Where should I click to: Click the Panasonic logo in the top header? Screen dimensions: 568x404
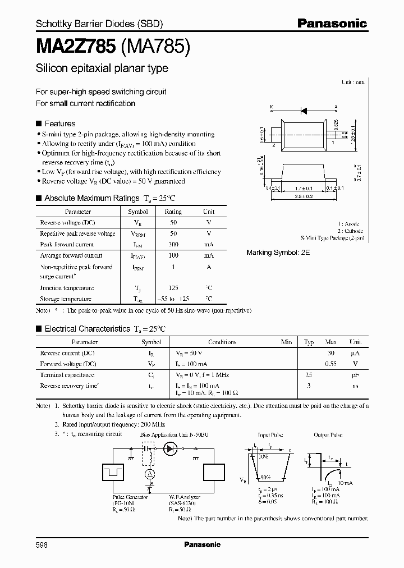[332, 24]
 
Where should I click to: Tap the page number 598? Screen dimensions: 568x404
[43, 544]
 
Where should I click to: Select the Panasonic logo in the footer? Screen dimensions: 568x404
[203, 544]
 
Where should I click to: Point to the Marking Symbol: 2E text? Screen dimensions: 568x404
[278, 253]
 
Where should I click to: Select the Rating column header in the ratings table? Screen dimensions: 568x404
[173, 212]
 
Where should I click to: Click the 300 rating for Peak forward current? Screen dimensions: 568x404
[173, 245]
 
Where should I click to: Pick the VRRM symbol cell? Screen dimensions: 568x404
[138, 233]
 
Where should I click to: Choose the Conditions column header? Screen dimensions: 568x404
[222, 342]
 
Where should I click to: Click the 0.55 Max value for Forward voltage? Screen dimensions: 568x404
[331, 364]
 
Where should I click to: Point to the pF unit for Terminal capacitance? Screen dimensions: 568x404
[356, 375]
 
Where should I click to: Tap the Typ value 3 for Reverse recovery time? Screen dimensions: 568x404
[309, 386]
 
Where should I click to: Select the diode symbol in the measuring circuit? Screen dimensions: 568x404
[170, 449]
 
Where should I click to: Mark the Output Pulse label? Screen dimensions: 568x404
[328, 435]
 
